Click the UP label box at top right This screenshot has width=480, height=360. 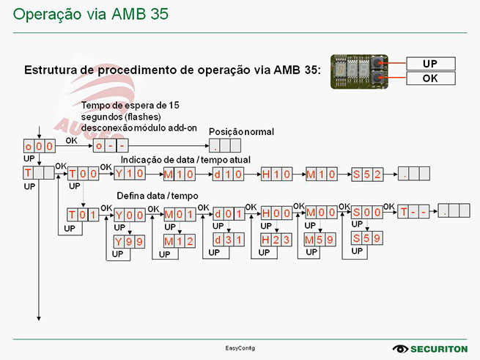point(430,64)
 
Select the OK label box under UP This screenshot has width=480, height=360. point(430,78)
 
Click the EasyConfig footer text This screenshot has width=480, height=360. point(240,348)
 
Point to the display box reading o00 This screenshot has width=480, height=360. point(40,146)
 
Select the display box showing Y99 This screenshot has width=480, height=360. point(129,241)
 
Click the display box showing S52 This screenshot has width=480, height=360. point(367,174)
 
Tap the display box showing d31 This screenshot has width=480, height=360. point(229,240)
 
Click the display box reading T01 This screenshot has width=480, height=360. point(83,214)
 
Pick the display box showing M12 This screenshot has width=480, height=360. point(179,241)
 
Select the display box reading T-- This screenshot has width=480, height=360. point(413,212)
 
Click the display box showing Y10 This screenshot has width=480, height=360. point(129,174)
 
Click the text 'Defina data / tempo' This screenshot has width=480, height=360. point(158,196)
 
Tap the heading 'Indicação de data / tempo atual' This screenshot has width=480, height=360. point(185,160)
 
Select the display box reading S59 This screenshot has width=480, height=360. point(366,238)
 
